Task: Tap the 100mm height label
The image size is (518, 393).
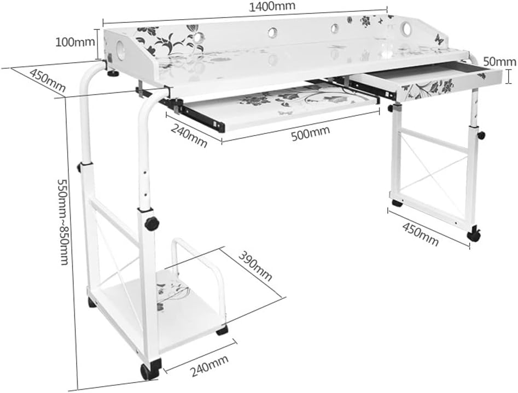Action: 75,42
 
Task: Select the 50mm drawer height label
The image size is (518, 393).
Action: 499,62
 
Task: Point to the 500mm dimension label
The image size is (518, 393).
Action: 310,133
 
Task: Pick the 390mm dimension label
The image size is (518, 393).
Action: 255,266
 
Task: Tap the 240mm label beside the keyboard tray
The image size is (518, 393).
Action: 189,136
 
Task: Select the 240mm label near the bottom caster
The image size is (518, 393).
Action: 209,366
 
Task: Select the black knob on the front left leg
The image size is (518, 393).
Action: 152,224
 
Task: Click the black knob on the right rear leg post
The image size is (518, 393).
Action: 482,135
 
